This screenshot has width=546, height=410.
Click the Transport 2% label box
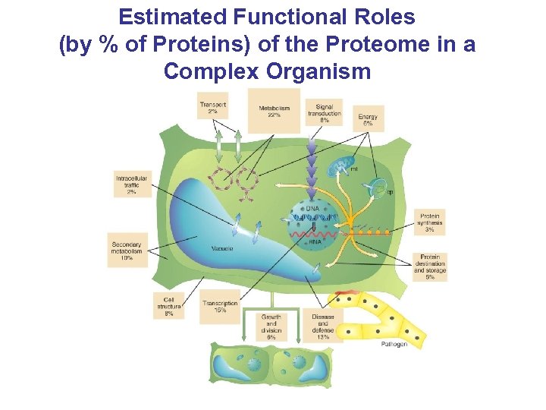click(x=213, y=108)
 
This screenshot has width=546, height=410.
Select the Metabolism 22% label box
click(x=274, y=112)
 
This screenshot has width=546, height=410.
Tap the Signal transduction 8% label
click(x=324, y=113)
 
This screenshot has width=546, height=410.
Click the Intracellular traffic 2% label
click(x=132, y=184)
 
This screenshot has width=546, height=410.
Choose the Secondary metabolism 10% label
click(x=127, y=247)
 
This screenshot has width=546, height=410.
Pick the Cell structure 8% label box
click(x=168, y=305)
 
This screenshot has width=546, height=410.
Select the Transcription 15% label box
click(x=220, y=307)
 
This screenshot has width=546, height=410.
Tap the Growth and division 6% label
click(x=271, y=326)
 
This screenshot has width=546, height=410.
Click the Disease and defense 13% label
click(x=323, y=326)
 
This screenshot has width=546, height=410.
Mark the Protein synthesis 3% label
click(x=430, y=222)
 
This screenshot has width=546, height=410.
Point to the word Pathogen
click(x=394, y=344)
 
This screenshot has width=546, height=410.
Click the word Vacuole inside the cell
click(x=222, y=249)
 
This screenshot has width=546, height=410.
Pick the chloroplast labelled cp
click(x=377, y=186)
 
